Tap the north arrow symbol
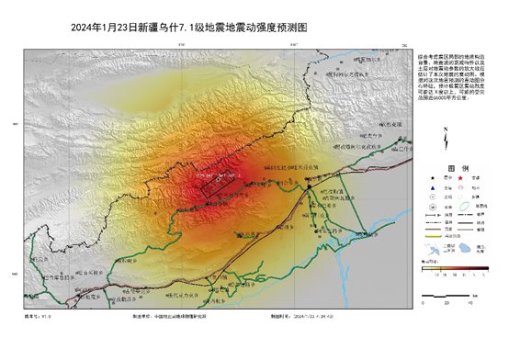(445, 140)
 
